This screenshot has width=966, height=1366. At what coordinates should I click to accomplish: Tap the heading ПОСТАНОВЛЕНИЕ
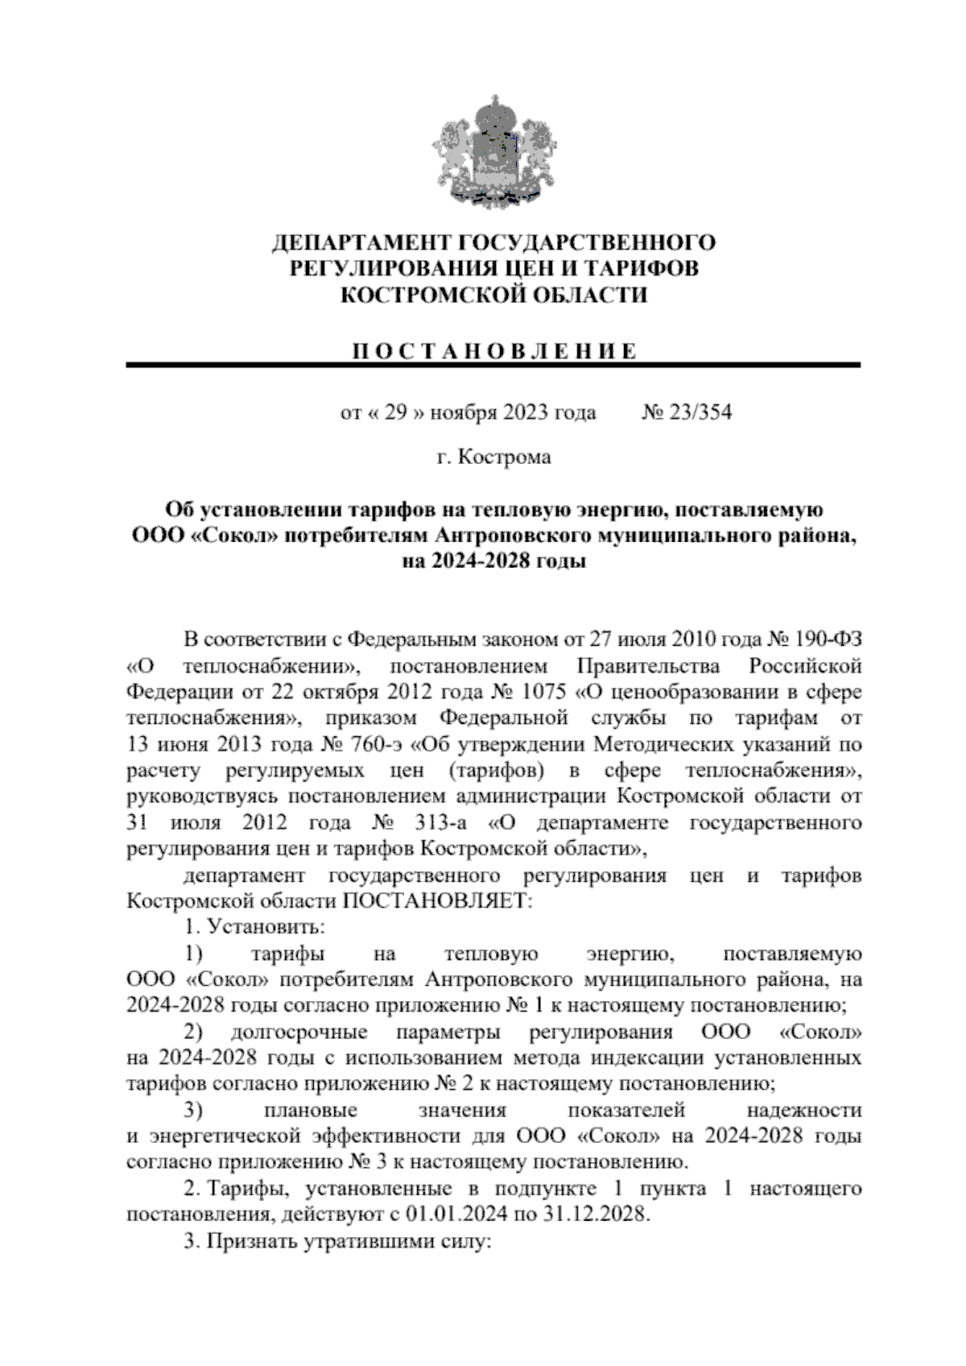(x=493, y=350)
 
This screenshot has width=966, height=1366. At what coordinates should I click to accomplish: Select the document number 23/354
(x=699, y=413)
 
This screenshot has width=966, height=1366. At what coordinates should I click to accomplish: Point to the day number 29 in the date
(x=394, y=413)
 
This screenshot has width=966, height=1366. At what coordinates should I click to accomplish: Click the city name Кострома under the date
(x=505, y=457)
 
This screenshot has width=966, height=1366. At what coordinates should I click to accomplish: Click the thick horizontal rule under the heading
(x=493, y=366)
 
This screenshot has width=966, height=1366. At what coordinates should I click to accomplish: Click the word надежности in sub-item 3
(x=804, y=1111)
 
